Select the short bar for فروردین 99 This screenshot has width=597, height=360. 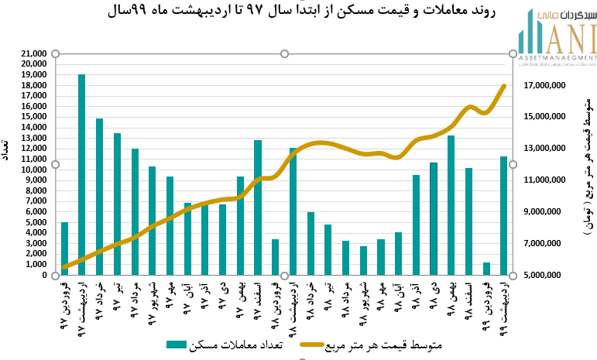tap(486, 269)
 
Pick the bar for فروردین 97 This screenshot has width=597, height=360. tap(64, 249)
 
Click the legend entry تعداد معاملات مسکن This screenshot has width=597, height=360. tap(225, 345)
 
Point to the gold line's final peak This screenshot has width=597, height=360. tap(504, 86)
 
